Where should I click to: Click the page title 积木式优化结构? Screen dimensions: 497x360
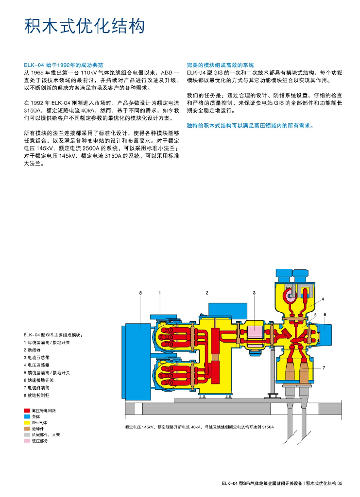[x=85, y=26]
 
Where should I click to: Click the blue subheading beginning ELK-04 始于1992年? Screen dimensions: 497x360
[x=64, y=65]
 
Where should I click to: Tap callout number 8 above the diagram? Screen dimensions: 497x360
[x=140, y=293]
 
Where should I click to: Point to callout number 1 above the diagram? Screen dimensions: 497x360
[x=159, y=293]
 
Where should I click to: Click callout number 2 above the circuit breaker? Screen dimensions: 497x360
[x=207, y=293]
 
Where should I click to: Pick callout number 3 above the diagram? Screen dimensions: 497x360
[x=254, y=293]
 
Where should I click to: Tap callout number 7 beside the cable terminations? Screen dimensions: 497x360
[x=324, y=368]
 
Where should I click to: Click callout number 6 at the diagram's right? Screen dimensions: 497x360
[x=325, y=315]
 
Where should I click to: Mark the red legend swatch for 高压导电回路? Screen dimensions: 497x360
[x=28, y=410]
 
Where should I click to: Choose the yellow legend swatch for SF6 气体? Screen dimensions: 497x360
[x=28, y=422]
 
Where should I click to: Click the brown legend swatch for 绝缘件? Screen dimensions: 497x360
[x=28, y=429]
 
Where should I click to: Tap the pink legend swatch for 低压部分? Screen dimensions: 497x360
[x=28, y=441]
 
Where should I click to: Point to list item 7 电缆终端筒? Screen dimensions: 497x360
[x=36, y=388]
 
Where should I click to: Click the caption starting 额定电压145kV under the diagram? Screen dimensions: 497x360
[x=199, y=427]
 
